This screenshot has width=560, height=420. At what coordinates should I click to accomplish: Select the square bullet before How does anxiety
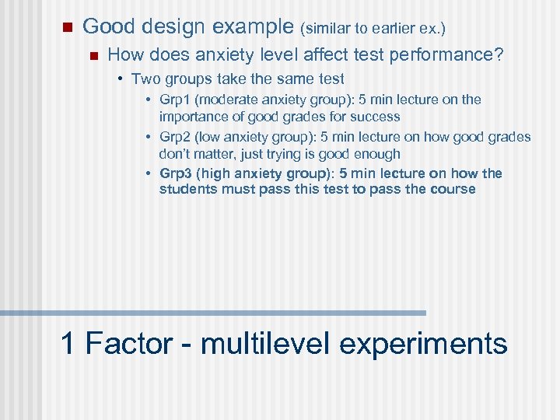tap(93, 55)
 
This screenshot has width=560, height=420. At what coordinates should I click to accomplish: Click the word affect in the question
tap(306, 55)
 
